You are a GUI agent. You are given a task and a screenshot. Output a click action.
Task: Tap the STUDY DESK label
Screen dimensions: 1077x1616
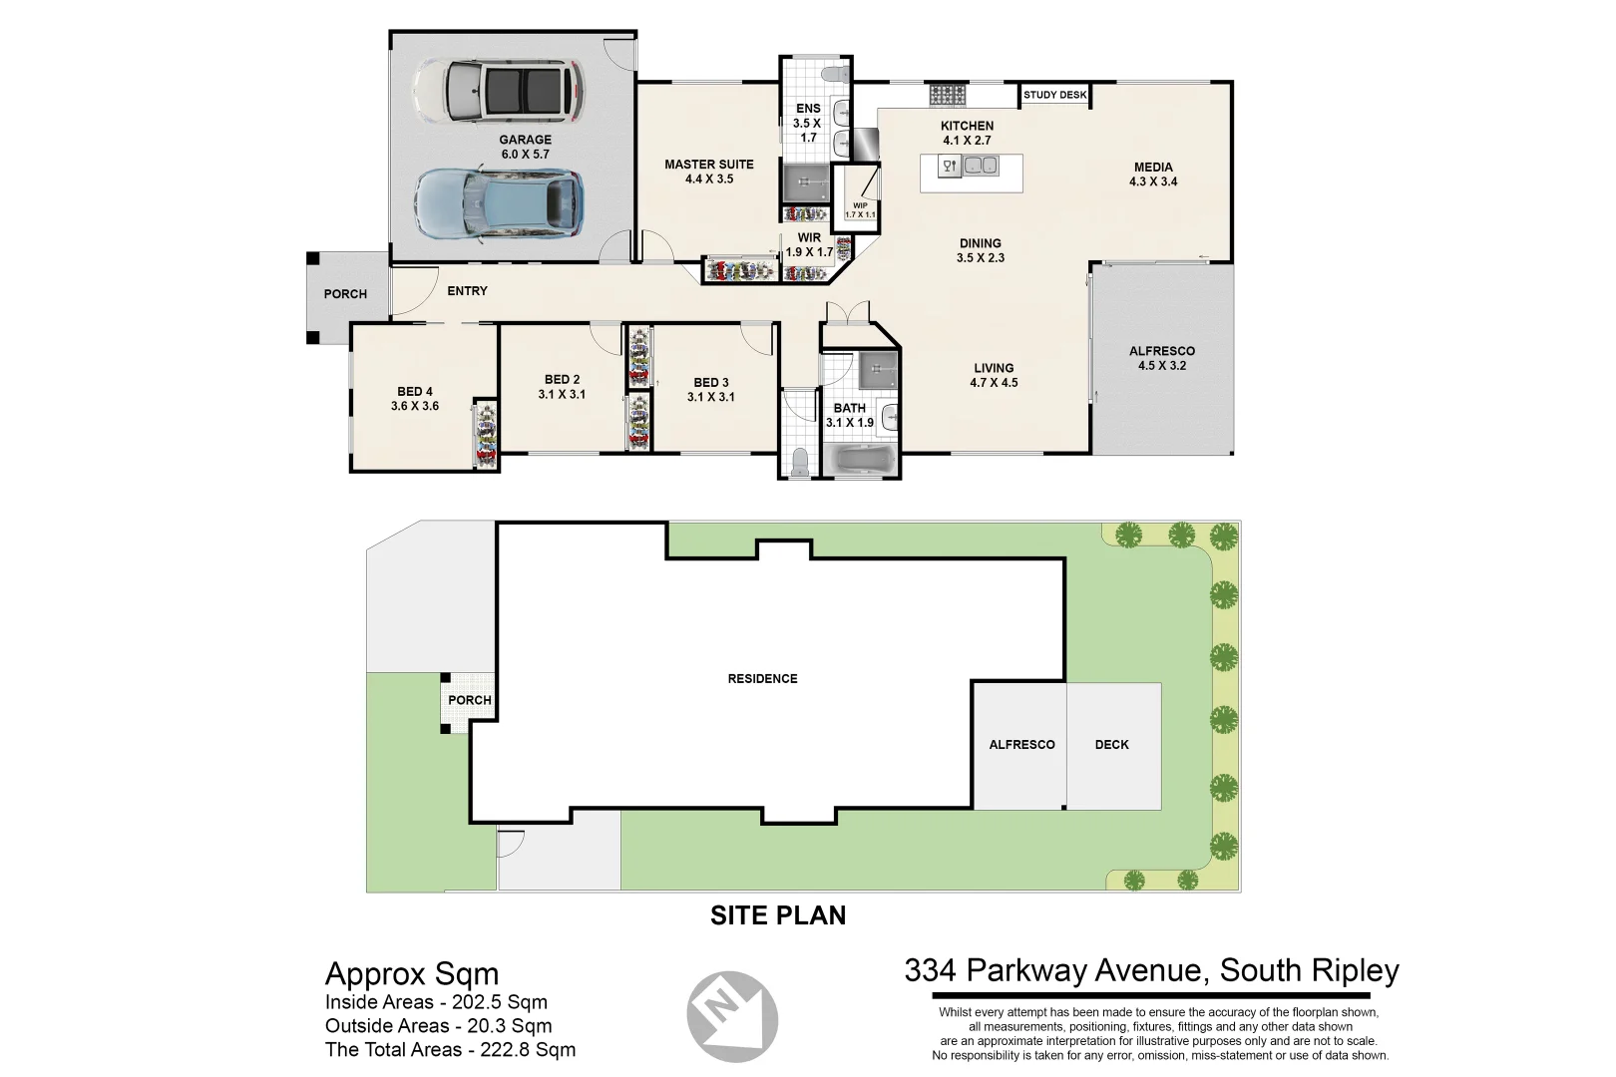1054,95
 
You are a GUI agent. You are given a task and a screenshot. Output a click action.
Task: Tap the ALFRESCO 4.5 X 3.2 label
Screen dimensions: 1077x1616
1161,358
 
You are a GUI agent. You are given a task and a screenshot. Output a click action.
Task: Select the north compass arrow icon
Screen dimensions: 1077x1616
732,1016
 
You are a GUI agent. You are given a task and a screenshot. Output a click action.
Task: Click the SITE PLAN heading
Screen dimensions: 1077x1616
778,915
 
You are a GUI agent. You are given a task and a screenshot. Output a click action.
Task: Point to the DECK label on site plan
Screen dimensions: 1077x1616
1111,745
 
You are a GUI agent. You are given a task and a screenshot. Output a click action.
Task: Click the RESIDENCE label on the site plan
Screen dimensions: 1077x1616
762,679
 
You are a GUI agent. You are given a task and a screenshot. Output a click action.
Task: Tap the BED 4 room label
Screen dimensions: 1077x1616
415,399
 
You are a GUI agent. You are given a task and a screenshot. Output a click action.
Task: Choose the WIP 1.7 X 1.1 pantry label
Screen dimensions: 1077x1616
860,210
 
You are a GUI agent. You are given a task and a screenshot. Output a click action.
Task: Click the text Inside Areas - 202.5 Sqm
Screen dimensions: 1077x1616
436,1002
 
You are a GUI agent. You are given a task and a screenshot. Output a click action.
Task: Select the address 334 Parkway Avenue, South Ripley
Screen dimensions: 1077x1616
1151,970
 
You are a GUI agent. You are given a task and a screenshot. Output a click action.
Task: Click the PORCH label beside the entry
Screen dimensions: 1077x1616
345,294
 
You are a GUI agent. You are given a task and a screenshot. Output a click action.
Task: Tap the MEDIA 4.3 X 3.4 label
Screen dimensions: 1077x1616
1153,175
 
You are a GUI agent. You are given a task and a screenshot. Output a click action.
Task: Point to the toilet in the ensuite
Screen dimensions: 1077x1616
833,73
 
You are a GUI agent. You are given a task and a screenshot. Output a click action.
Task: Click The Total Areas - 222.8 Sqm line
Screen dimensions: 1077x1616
450,1049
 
